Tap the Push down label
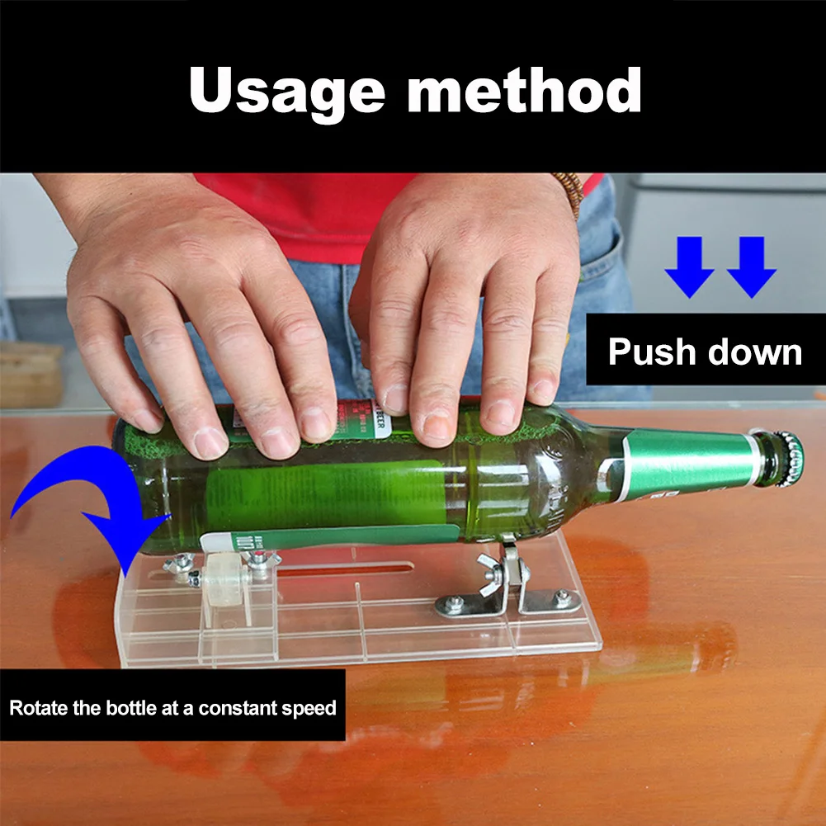(x=705, y=352)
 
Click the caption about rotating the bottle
(x=172, y=707)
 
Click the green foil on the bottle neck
(x=685, y=466)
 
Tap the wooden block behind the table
(x=29, y=375)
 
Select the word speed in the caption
(x=314, y=708)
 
